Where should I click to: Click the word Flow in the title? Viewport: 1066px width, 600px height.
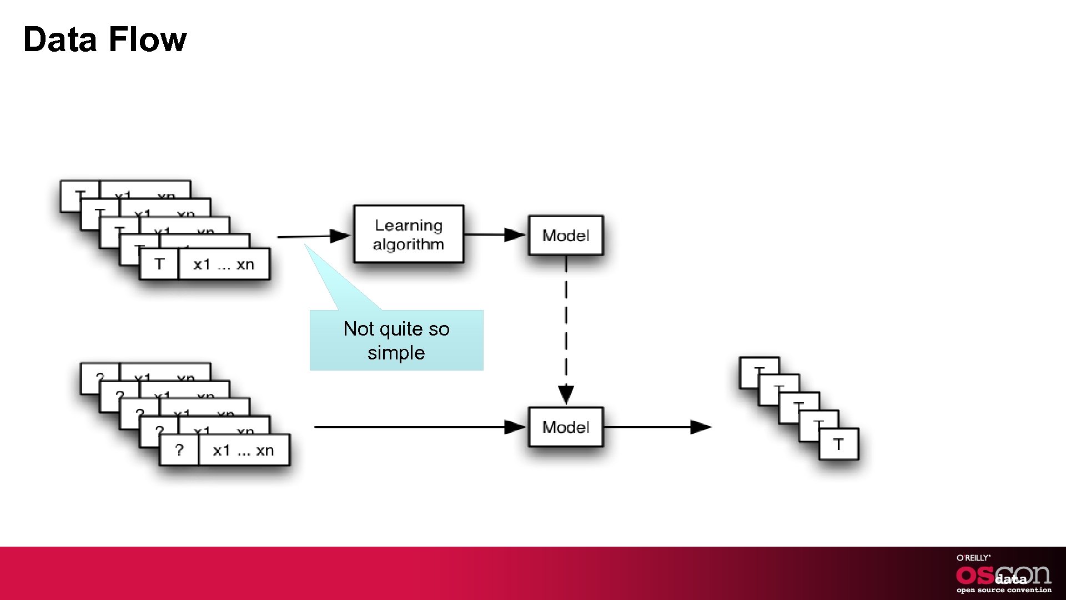tap(147, 39)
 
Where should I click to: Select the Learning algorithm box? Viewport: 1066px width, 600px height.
tap(409, 234)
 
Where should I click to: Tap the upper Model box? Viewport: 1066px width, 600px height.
tap(566, 236)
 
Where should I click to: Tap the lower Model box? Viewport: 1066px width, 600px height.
tap(566, 427)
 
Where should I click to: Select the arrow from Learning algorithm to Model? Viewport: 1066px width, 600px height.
tap(494, 235)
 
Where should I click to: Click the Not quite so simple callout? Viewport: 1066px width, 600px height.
tap(396, 340)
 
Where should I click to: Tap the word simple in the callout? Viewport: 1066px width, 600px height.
tap(396, 353)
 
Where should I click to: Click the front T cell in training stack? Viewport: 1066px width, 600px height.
tap(159, 264)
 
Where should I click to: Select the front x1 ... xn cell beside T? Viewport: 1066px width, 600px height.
tap(224, 264)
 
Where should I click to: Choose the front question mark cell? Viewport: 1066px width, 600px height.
tap(179, 450)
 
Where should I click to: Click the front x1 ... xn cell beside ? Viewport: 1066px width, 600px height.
tap(244, 450)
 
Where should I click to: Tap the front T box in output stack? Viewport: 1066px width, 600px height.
tap(838, 444)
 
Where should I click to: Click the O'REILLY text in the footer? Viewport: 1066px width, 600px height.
tap(973, 558)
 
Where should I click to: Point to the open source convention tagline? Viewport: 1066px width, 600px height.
tap(1004, 590)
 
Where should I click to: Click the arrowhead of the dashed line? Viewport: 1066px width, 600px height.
tap(566, 395)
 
